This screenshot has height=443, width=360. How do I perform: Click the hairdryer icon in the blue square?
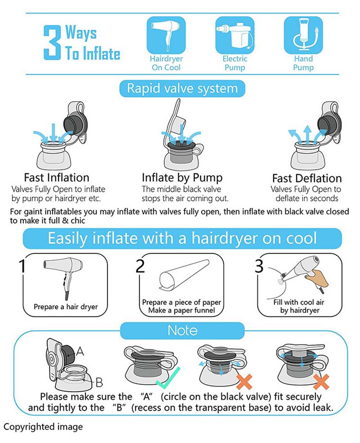(x=166, y=35)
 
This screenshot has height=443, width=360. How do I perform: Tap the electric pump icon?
(x=235, y=35)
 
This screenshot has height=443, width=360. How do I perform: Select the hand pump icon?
(x=303, y=35)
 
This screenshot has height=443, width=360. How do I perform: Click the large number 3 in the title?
(x=52, y=42)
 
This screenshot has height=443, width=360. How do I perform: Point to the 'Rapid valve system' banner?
(x=182, y=88)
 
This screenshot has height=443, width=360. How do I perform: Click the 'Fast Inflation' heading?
(x=57, y=178)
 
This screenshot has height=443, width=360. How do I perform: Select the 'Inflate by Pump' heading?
(x=182, y=178)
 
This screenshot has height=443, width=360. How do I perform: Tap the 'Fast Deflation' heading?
(x=307, y=178)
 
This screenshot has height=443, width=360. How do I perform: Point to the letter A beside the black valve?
(x=80, y=351)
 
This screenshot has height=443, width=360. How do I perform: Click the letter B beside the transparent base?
(x=99, y=383)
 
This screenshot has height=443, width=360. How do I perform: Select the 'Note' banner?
(x=182, y=330)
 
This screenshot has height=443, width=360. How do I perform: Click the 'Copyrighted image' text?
(x=43, y=427)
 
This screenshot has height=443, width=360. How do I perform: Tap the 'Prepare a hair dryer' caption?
(x=66, y=307)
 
